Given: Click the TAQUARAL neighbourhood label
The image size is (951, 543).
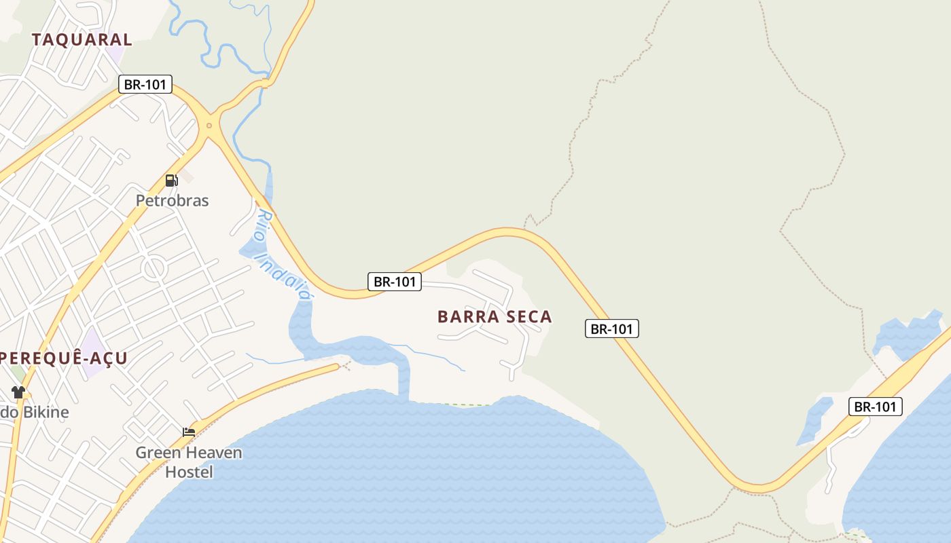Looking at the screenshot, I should tap(82, 39).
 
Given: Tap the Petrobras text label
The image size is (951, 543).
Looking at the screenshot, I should tap(173, 201).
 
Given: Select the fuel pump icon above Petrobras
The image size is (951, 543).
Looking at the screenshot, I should tap(171, 181).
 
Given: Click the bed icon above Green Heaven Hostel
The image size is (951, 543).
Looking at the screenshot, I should tap(189, 432).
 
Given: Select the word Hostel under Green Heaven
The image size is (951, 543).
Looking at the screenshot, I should tap(189, 472).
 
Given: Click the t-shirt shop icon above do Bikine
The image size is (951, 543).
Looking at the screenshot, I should tap(18, 392).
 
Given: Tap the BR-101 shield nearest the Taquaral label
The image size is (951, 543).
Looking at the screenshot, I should tap(145, 84).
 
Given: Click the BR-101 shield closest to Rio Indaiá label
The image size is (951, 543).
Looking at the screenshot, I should tap(395, 282).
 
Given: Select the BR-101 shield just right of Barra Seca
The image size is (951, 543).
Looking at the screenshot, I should tap(611, 329).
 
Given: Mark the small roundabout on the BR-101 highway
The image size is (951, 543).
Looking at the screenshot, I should tap(209, 125).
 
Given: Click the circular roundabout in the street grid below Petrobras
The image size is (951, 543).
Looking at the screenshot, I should tap(155, 268).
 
